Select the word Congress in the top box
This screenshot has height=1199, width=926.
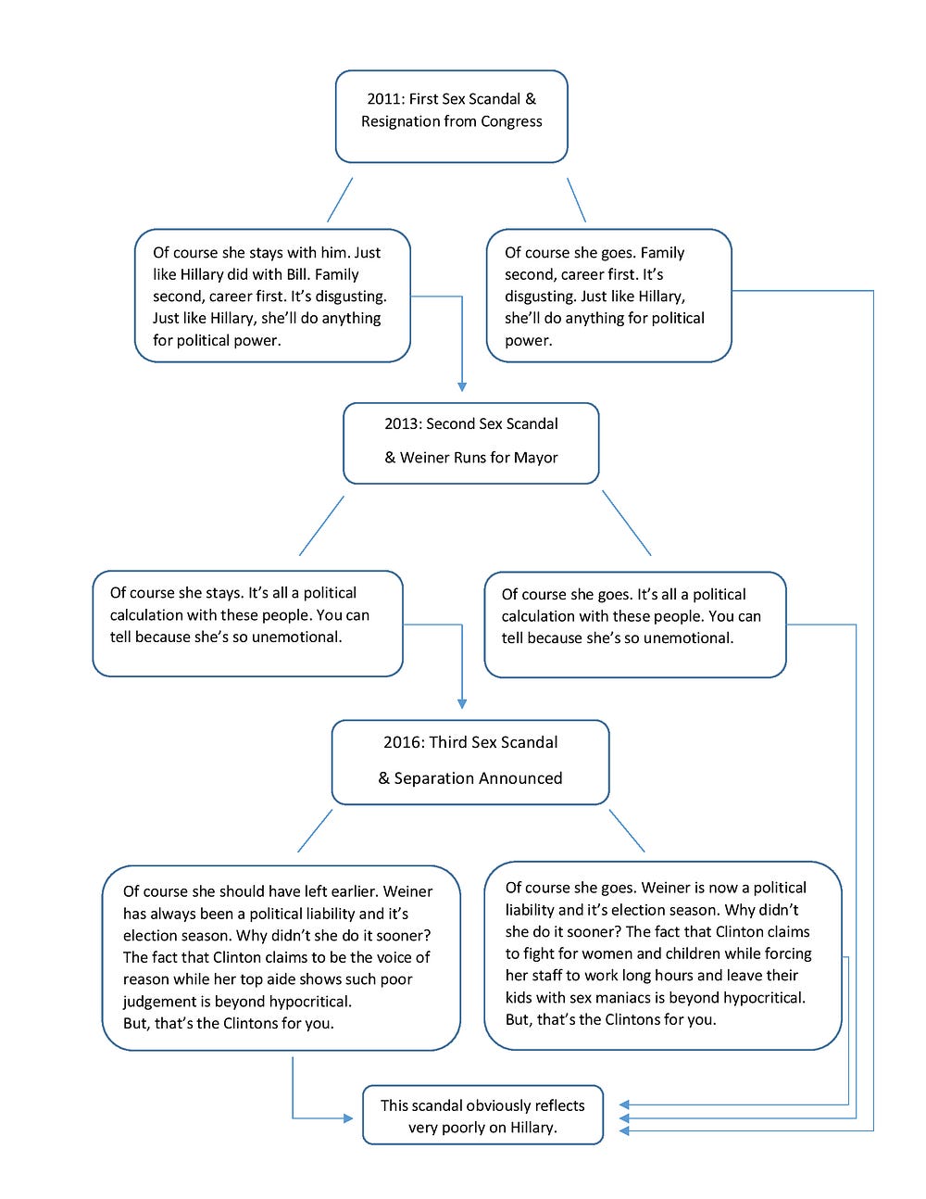click(x=511, y=122)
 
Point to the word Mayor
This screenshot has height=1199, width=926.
click(x=535, y=458)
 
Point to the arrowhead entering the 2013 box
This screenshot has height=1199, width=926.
click(x=462, y=387)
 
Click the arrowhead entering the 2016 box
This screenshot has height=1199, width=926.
click(x=462, y=704)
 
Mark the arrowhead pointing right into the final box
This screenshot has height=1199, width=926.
click(x=348, y=1118)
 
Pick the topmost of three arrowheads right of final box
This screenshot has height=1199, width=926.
click(x=624, y=1104)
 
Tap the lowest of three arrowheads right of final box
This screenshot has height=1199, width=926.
click(x=624, y=1131)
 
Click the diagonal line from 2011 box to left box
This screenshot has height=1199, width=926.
click(x=340, y=200)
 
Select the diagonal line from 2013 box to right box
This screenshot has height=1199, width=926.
click(x=627, y=523)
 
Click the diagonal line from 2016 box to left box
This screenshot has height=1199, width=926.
click(x=315, y=831)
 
